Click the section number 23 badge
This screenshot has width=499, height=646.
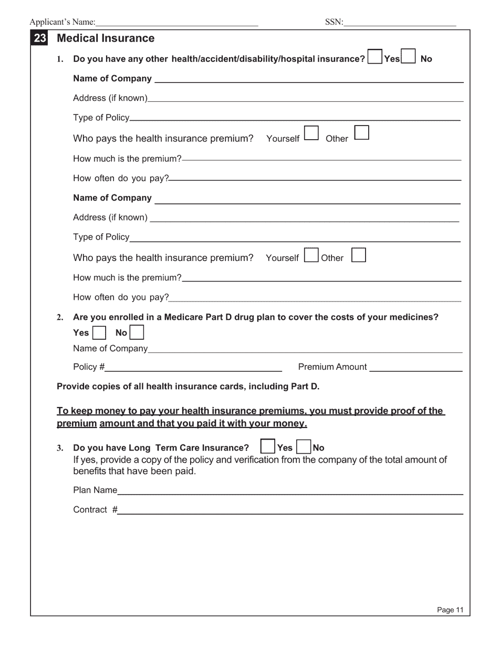40,38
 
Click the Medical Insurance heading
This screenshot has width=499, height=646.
106,38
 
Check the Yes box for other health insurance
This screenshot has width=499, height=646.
375,57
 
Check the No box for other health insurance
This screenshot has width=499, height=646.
408,57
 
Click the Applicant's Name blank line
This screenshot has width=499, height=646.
177,22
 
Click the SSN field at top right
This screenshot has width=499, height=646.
400,22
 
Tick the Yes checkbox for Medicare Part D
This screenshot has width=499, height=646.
99,333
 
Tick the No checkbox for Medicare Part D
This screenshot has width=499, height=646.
137,333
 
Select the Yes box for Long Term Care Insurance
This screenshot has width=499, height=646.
268,447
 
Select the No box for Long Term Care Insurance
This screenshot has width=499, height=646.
304,447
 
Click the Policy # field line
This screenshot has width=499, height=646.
193,367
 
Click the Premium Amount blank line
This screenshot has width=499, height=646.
415,367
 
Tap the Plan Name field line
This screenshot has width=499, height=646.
290,490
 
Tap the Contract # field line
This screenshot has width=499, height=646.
290,509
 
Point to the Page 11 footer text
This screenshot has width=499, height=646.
450,610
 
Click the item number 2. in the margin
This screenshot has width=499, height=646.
60,317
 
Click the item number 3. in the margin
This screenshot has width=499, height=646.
60,448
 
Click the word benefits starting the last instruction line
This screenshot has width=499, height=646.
89,471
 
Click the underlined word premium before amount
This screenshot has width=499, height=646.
77,423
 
